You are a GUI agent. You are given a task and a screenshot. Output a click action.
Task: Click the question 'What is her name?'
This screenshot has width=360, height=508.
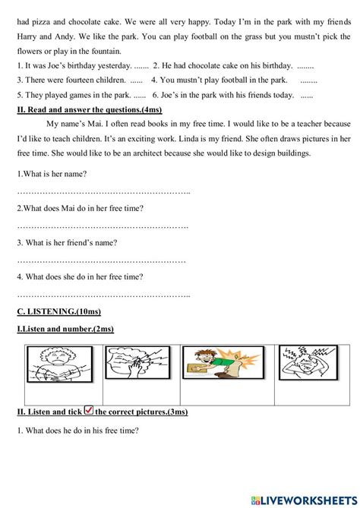click(56, 174)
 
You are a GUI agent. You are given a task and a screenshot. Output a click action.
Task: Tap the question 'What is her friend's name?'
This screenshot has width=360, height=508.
click(67, 243)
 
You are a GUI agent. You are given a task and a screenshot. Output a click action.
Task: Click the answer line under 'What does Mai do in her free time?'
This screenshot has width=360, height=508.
click(103, 226)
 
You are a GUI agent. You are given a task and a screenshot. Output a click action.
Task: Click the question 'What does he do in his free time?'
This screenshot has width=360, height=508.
click(77, 431)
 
